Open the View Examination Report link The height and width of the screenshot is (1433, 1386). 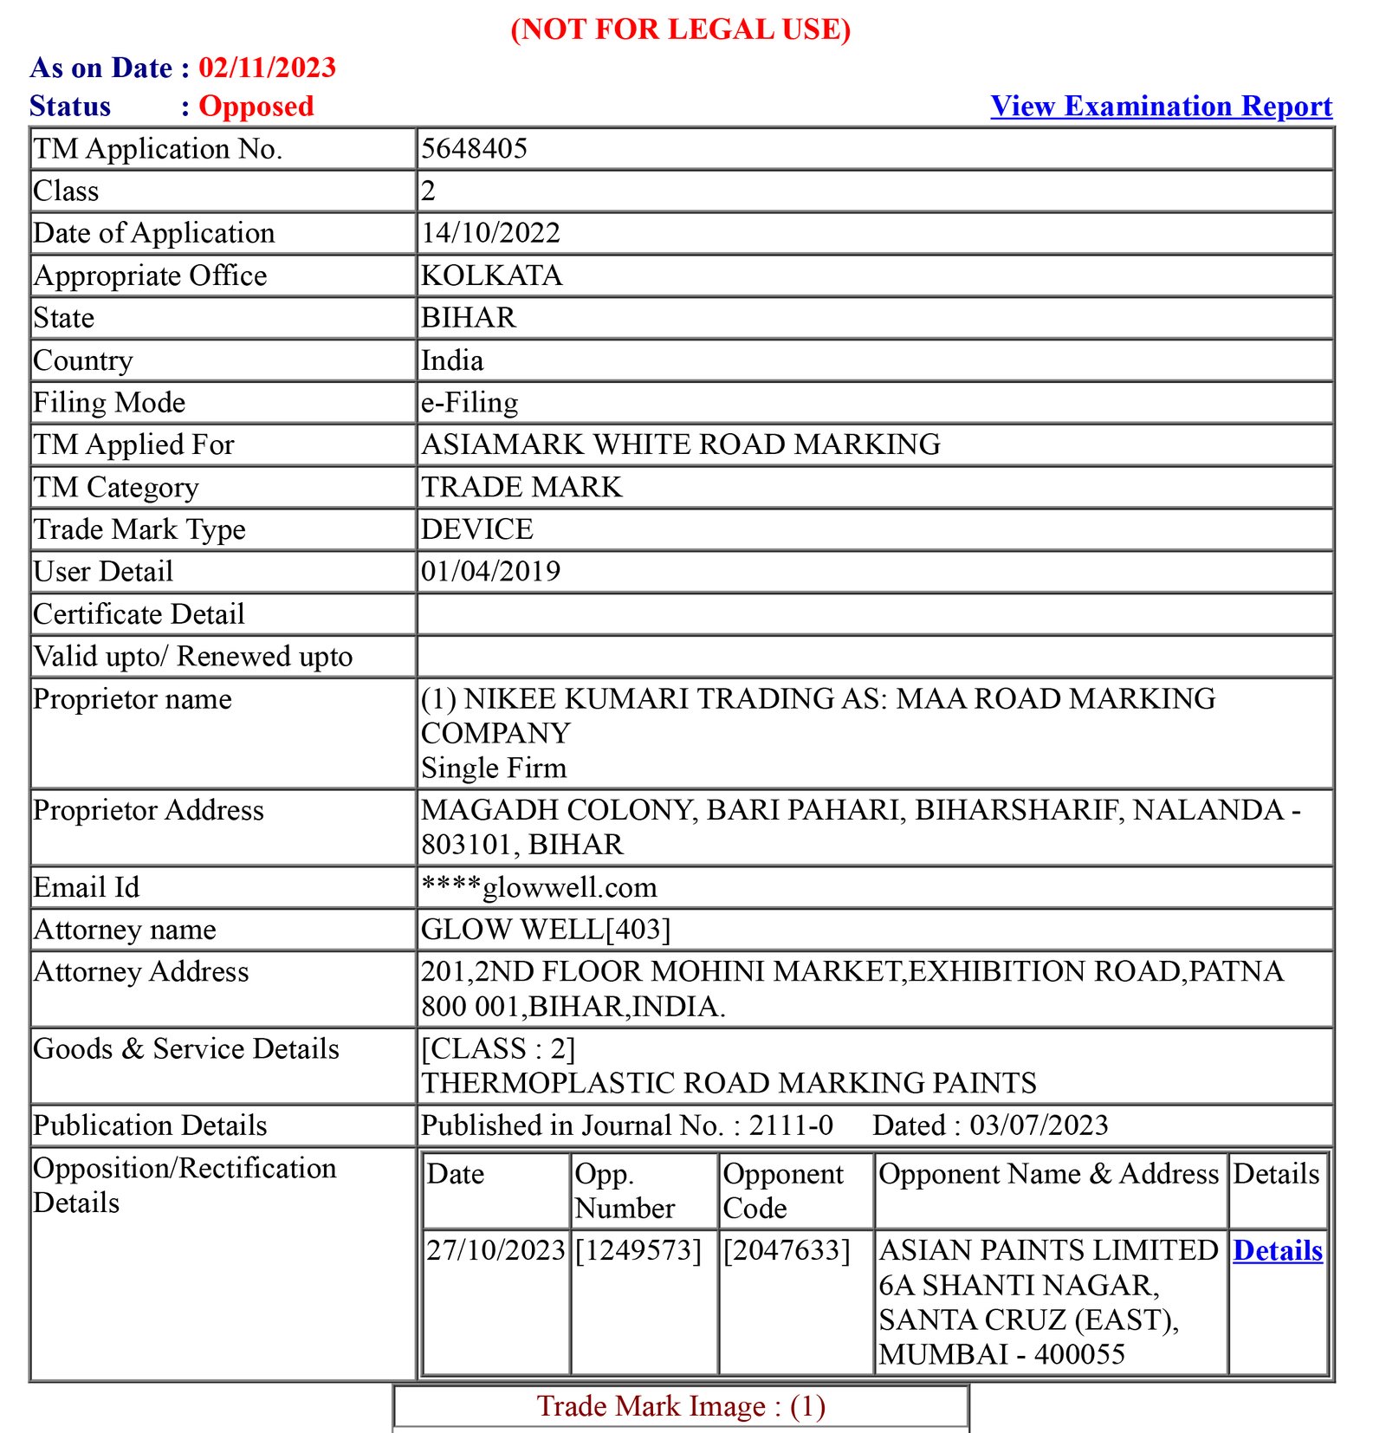(x=1161, y=106)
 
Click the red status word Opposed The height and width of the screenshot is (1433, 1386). (x=256, y=106)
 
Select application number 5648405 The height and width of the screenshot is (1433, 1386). (x=474, y=148)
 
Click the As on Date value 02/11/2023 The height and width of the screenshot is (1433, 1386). (x=267, y=68)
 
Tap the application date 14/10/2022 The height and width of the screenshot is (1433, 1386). (x=490, y=232)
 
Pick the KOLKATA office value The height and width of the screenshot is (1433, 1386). (x=491, y=275)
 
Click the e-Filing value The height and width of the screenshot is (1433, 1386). (x=470, y=402)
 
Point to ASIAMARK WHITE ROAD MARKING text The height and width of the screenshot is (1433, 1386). (x=680, y=444)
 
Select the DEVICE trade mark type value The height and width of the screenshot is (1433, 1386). (x=476, y=528)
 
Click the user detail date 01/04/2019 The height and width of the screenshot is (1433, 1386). (x=490, y=571)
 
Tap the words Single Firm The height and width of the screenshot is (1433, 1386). (x=493, y=768)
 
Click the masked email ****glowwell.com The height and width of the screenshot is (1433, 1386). (x=539, y=886)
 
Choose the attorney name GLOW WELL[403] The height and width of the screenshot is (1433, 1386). (x=546, y=929)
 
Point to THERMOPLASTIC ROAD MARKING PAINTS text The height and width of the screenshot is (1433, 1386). (x=729, y=1082)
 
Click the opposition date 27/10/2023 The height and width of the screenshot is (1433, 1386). (x=495, y=1250)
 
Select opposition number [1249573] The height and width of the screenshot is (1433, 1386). (x=638, y=1250)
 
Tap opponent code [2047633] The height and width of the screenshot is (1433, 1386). (x=787, y=1250)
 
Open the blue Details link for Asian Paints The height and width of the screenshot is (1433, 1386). (x=1278, y=1250)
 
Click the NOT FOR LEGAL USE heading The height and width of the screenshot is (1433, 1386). (x=680, y=29)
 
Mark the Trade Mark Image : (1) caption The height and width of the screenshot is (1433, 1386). (x=681, y=1405)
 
